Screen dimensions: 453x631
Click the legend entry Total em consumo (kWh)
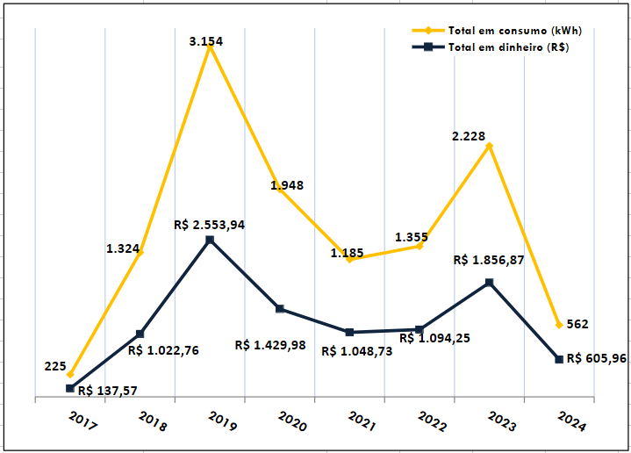pyautogui.click(x=514, y=31)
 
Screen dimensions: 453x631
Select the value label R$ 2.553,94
pyautogui.click(x=209, y=225)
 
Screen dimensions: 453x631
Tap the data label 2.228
pyautogui.click(x=469, y=137)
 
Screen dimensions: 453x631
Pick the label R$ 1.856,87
pyautogui.click(x=488, y=261)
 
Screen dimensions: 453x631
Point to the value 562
pyautogui.click(x=577, y=324)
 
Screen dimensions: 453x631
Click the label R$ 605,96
pyautogui.click(x=596, y=358)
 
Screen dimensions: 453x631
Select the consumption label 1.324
pyautogui.click(x=123, y=248)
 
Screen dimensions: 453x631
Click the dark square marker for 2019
pyautogui.click(x=210, y=240)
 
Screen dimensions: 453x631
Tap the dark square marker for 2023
pyautogui.click(x=489, y=283)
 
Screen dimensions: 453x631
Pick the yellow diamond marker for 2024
pyautogui.click(x=559, y=325)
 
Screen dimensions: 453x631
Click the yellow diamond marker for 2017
pyautogui.click(x=70, y=375)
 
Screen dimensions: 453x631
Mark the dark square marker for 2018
pyautogui.click(x=140, y=334)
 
